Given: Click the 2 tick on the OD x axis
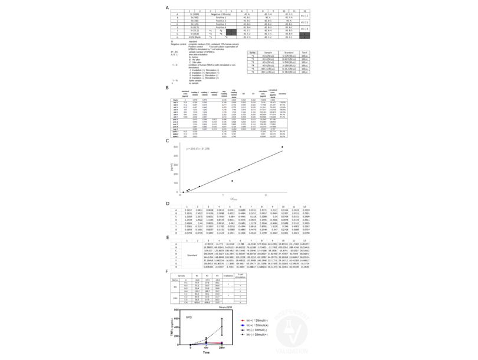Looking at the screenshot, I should tap(266, 195).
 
